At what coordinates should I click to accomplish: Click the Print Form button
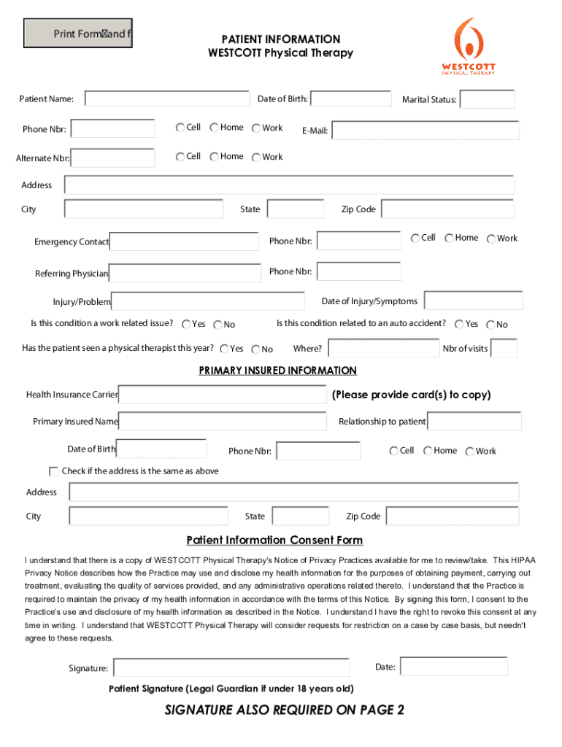78,34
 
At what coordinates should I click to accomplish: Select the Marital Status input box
487,99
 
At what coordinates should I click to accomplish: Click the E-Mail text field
426,131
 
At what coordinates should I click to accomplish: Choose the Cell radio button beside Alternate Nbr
180,157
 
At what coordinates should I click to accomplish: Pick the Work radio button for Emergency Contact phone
491,239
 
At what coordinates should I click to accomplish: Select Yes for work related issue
186,325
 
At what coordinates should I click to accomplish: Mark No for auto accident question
490,325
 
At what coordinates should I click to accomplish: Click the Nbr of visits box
504,349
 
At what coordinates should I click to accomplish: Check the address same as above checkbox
54,471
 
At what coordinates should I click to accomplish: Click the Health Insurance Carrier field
222,395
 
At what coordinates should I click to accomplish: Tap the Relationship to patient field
474,422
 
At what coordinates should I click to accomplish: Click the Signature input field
241,667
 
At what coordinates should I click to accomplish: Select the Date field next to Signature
453,666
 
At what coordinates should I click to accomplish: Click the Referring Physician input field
185,273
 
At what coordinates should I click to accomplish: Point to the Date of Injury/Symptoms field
473,301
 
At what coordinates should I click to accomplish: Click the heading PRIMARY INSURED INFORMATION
278,371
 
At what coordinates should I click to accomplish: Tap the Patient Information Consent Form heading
274,541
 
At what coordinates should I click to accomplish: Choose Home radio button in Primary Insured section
428,452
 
